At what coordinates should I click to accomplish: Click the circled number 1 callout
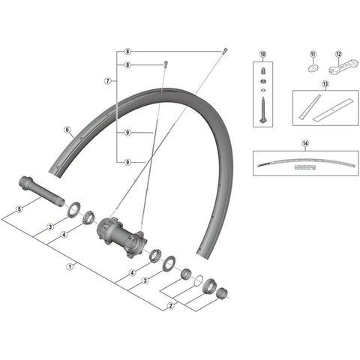tap(70, 267)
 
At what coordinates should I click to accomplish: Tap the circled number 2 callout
tap(171, 305)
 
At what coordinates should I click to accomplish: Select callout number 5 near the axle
tap(19, 209)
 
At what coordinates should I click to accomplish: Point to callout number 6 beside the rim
tap(67, 130)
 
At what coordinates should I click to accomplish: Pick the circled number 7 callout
tap(108, 81)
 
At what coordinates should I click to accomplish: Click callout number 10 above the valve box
tap(262, 54)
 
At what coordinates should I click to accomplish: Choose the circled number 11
tap(313, 54)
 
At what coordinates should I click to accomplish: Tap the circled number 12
tap(338, 54)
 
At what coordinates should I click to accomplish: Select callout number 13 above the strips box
tap(325, 84)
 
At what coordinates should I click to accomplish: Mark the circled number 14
tap(305, 143)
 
